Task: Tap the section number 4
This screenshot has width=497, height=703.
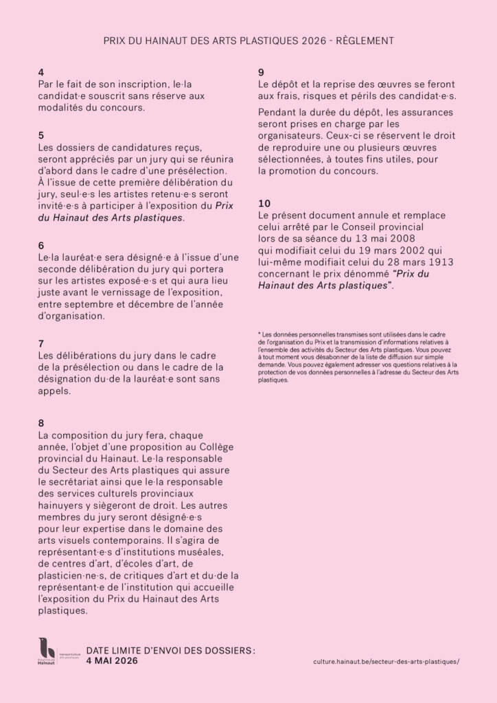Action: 41,73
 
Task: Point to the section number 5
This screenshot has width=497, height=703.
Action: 41,135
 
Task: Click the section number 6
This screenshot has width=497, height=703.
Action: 41,245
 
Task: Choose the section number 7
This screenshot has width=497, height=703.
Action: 41,343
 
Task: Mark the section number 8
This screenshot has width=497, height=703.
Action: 41,424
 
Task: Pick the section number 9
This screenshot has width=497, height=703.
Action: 262,73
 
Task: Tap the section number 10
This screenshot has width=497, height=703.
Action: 264,204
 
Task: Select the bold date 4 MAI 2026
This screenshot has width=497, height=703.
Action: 112,660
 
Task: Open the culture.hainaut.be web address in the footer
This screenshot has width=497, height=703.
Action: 385,661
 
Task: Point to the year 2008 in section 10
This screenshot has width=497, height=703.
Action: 401,238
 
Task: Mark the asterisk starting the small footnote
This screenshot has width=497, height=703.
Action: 259,333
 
